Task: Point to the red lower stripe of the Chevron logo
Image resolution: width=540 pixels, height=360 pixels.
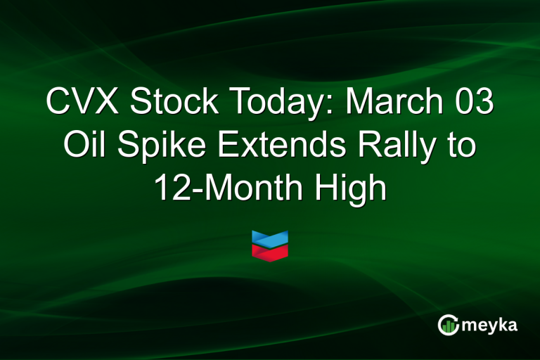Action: coord(270,252)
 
